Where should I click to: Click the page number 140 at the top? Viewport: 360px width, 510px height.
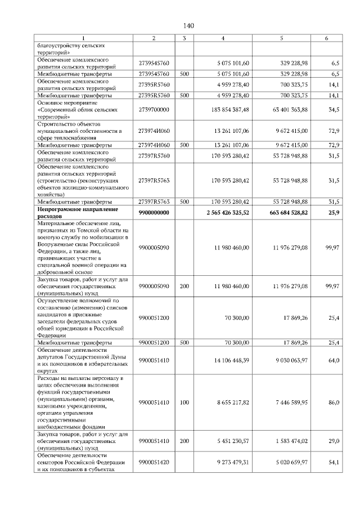(188, 25)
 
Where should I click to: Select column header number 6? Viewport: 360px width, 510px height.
(327, 38)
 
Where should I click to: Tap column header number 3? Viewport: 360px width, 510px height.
(184, 38)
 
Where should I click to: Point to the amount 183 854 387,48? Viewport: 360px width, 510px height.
(227, 109)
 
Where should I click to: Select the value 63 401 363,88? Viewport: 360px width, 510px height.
(289, 109)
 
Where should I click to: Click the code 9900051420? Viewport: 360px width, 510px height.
(154, 462)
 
